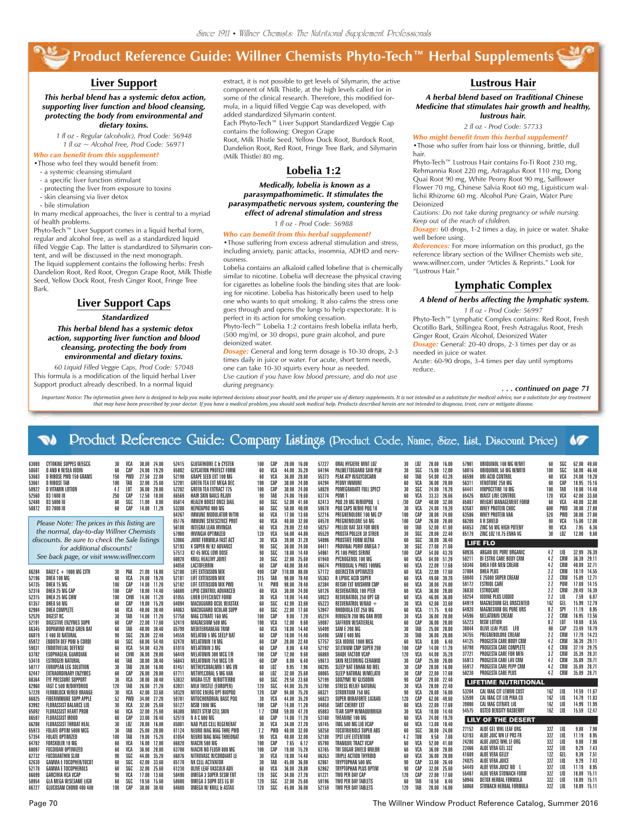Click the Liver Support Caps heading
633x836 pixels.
(x=124, y=303)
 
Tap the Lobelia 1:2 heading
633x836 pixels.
(x=313, y=171)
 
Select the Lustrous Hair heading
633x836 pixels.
(x=503, y=83)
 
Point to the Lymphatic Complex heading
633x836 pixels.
(x=503, y=286)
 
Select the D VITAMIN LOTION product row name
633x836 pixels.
(x=62, y=490)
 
